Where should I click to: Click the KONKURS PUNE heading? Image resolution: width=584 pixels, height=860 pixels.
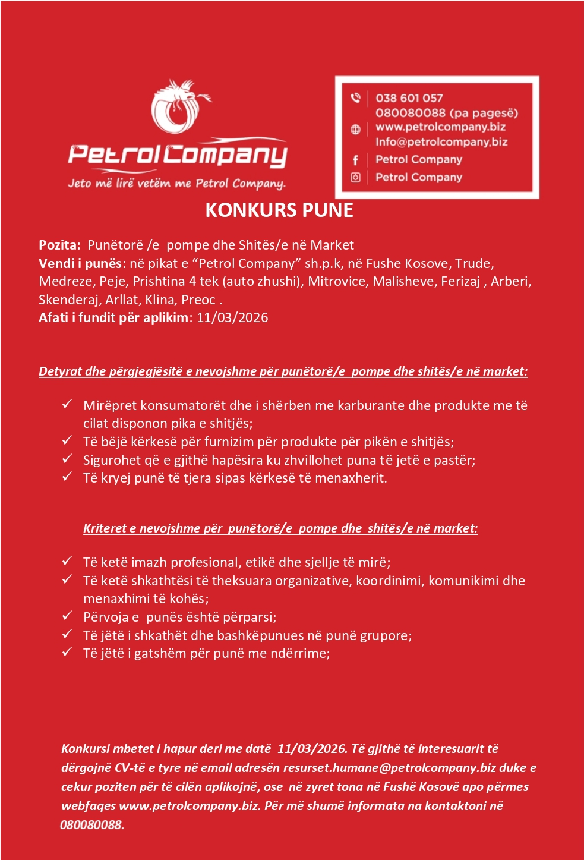[x=279, y=210]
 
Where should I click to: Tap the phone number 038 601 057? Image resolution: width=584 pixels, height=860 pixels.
[x=409, y=98]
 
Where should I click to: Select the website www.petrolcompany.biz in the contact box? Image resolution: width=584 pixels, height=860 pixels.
[x=440, y=127]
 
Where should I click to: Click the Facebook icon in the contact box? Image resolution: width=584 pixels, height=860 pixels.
[x=355, y=160]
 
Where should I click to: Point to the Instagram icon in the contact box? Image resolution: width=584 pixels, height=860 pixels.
[x=355, y=177]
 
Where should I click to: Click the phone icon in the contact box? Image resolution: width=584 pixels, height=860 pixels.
[x=355, y=97]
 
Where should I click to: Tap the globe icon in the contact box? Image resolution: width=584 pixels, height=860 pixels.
[x=355, y=129]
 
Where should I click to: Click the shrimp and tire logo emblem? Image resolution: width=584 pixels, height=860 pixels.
[x=179, y=108]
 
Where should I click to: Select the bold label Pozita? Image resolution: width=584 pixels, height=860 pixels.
[x=59, y=245]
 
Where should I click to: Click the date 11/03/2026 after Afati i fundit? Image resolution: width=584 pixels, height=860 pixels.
[x=232, y=317]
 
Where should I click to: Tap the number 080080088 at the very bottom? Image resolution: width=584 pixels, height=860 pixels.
[x=92, y=825]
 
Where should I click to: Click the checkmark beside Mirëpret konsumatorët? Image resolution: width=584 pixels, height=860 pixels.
[x=68, y=404]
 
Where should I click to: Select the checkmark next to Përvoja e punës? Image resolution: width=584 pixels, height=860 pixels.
[x=68, y=616]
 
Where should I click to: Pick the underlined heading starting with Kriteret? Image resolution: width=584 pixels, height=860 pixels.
[x=280, y=528]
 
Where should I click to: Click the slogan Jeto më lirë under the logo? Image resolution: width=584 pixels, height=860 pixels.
[x=176, y=183]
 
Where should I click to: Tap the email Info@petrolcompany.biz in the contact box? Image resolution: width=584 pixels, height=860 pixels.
[x=441, y=142]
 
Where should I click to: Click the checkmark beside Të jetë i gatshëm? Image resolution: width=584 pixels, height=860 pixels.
[x=68, y=652]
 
